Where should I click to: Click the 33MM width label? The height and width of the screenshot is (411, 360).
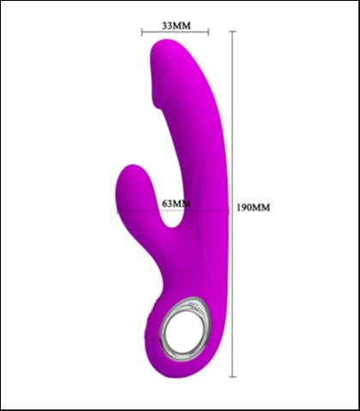pos(176,25)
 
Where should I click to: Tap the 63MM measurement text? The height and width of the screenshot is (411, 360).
pos(175,204)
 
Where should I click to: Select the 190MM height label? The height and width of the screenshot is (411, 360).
pos(253,207)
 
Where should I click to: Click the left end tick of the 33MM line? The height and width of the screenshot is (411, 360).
pos(142,33)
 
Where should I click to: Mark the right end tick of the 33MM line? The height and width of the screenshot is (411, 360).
pos(208,33)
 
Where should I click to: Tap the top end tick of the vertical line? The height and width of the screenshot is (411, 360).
pos(232,30)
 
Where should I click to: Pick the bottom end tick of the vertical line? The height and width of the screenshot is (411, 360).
pos(232,377)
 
